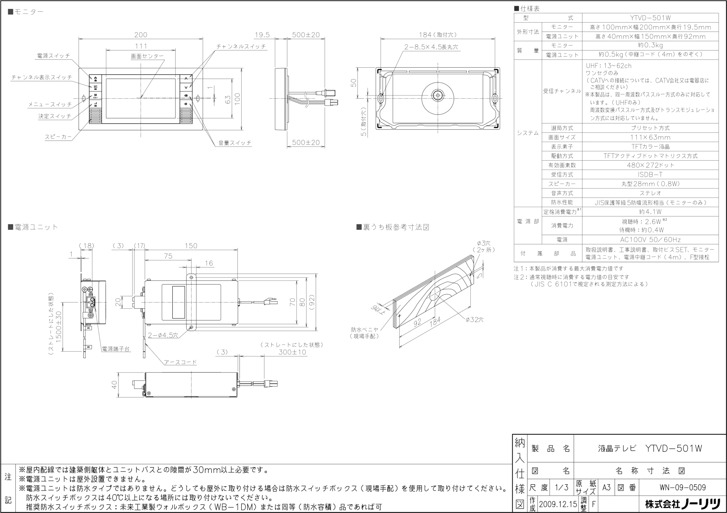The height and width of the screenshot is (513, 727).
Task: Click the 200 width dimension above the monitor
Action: pos(141,35)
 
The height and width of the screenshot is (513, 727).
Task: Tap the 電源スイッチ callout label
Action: pos(53,56)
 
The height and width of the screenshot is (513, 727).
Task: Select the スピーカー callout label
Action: pos(58,137)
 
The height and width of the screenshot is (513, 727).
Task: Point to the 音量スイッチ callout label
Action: pos(235,143)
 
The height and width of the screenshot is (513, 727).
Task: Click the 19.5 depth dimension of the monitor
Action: pos(262,35)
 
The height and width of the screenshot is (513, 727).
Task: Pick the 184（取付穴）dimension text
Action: pos(438,35)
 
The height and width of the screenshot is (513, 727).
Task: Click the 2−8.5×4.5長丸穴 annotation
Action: pos(431,47)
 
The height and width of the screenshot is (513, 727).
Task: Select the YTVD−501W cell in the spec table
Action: pos(650,18)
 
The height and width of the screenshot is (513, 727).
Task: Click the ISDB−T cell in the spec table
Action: pos(650,174)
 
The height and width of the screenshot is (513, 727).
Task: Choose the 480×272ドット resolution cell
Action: pos(650,165)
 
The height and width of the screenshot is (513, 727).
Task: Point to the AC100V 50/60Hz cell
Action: pos(650,240)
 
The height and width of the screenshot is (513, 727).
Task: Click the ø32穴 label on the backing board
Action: pos(474,320)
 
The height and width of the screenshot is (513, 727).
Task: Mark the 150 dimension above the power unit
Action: pos(191,246)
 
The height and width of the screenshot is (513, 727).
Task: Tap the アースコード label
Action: pos(180,362)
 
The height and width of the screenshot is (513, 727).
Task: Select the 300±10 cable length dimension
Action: pos(292,352)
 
